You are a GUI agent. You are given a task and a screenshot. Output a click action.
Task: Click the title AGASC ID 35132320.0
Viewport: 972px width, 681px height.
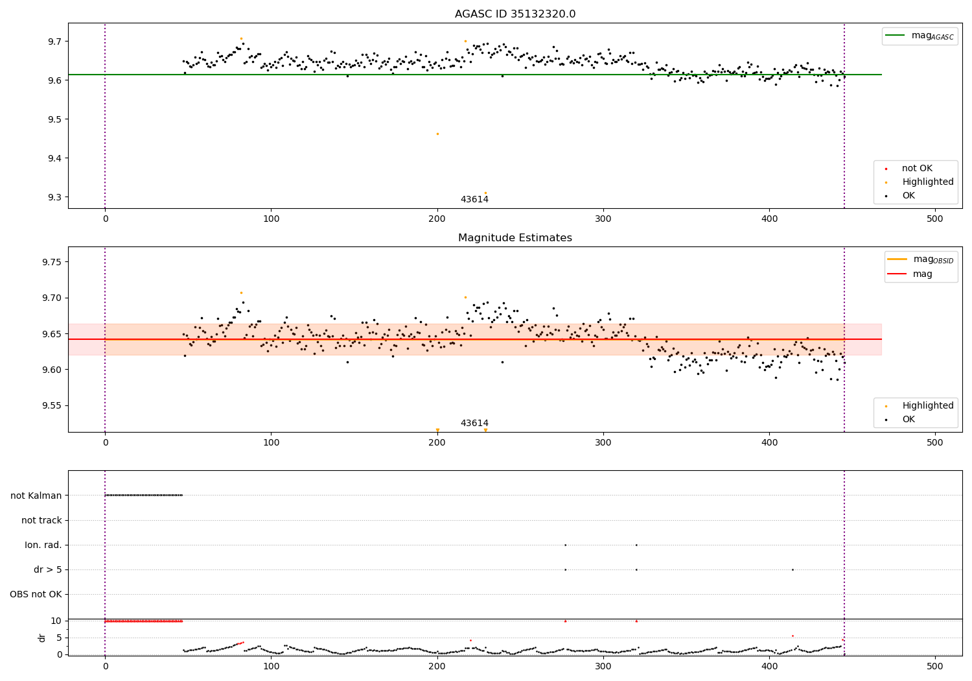[x=515, y=14]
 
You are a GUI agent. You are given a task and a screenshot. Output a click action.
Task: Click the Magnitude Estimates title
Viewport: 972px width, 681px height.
[x=515, y=238]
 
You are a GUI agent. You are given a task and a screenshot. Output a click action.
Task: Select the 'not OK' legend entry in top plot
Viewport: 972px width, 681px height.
[x=917, y=169]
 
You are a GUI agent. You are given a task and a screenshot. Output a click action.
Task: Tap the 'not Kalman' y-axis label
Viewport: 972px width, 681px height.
[x=36, y=496]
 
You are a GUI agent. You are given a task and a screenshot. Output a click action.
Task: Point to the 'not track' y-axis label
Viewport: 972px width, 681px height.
[x=41, y=520]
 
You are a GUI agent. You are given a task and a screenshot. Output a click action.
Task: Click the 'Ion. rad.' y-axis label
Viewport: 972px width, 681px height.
[x=43, y=545]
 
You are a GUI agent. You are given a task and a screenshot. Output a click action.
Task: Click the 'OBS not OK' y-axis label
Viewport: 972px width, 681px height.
[x=36, y=594]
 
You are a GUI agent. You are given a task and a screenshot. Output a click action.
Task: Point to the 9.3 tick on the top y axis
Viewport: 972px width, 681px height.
[x=54, y=197]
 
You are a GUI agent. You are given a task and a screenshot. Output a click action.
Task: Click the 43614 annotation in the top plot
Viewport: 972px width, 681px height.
[x=474, y=200]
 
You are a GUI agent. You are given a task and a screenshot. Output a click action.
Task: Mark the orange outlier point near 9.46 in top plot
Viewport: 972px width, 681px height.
[x=437, y=134]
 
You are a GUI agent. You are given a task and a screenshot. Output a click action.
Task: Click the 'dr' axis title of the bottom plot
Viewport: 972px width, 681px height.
[x=42, y=638]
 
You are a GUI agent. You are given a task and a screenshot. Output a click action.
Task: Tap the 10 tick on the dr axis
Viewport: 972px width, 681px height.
[x=56, y=621]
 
